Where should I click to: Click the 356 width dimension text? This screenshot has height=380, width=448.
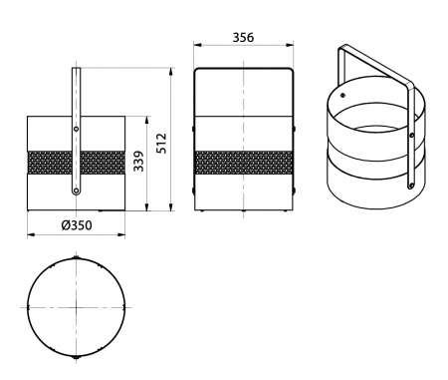click(x=243, y=37)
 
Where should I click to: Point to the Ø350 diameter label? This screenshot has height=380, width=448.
click(x=76, y=225)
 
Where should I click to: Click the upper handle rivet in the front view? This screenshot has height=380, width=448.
click(x=76, y=129)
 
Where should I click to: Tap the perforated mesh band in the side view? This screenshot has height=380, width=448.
click(x=243, y=162)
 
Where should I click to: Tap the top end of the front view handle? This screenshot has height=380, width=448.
click(x=76, y=70)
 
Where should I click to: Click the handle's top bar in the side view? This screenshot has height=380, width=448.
click(x=243, y=68)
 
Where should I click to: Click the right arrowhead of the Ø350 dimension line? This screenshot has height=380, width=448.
click(x=123, y=235)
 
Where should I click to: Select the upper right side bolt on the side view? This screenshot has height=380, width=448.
click(x=294, y=129)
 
